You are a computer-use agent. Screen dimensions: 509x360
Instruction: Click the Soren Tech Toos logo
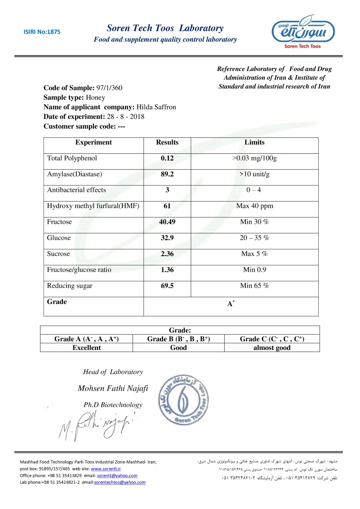point(303,32)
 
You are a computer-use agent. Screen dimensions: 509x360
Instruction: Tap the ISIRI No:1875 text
point(42,32)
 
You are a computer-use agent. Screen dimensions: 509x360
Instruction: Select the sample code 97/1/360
point(109,88)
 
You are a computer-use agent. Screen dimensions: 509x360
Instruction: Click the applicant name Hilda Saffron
point(156,107)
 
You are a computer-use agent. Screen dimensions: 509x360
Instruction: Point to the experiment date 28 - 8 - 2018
point(126,117)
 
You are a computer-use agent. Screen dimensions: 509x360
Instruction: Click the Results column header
point(167,142)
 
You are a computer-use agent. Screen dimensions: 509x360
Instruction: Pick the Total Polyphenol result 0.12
point(167,158)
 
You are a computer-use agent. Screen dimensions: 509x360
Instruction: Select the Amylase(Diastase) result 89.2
point(167,174)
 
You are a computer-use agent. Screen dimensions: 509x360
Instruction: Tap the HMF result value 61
point(167,206)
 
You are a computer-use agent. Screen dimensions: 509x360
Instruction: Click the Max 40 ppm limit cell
point(255,206)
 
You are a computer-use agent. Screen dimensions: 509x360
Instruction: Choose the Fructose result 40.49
point(167,222)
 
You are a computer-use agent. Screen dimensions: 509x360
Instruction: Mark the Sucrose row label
point(58,254)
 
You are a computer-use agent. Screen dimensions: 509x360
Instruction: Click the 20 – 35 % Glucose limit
point(255,238)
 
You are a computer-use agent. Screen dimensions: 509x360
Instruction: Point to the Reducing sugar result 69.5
point(167,286)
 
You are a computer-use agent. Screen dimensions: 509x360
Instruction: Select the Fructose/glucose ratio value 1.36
point(167,270)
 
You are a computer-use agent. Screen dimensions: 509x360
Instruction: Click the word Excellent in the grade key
point(86,348)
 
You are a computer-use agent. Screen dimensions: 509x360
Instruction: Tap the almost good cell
point(272,348)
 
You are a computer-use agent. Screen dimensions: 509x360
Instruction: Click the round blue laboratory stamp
point(183,400)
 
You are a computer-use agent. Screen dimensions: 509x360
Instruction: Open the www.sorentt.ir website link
point(106,469)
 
